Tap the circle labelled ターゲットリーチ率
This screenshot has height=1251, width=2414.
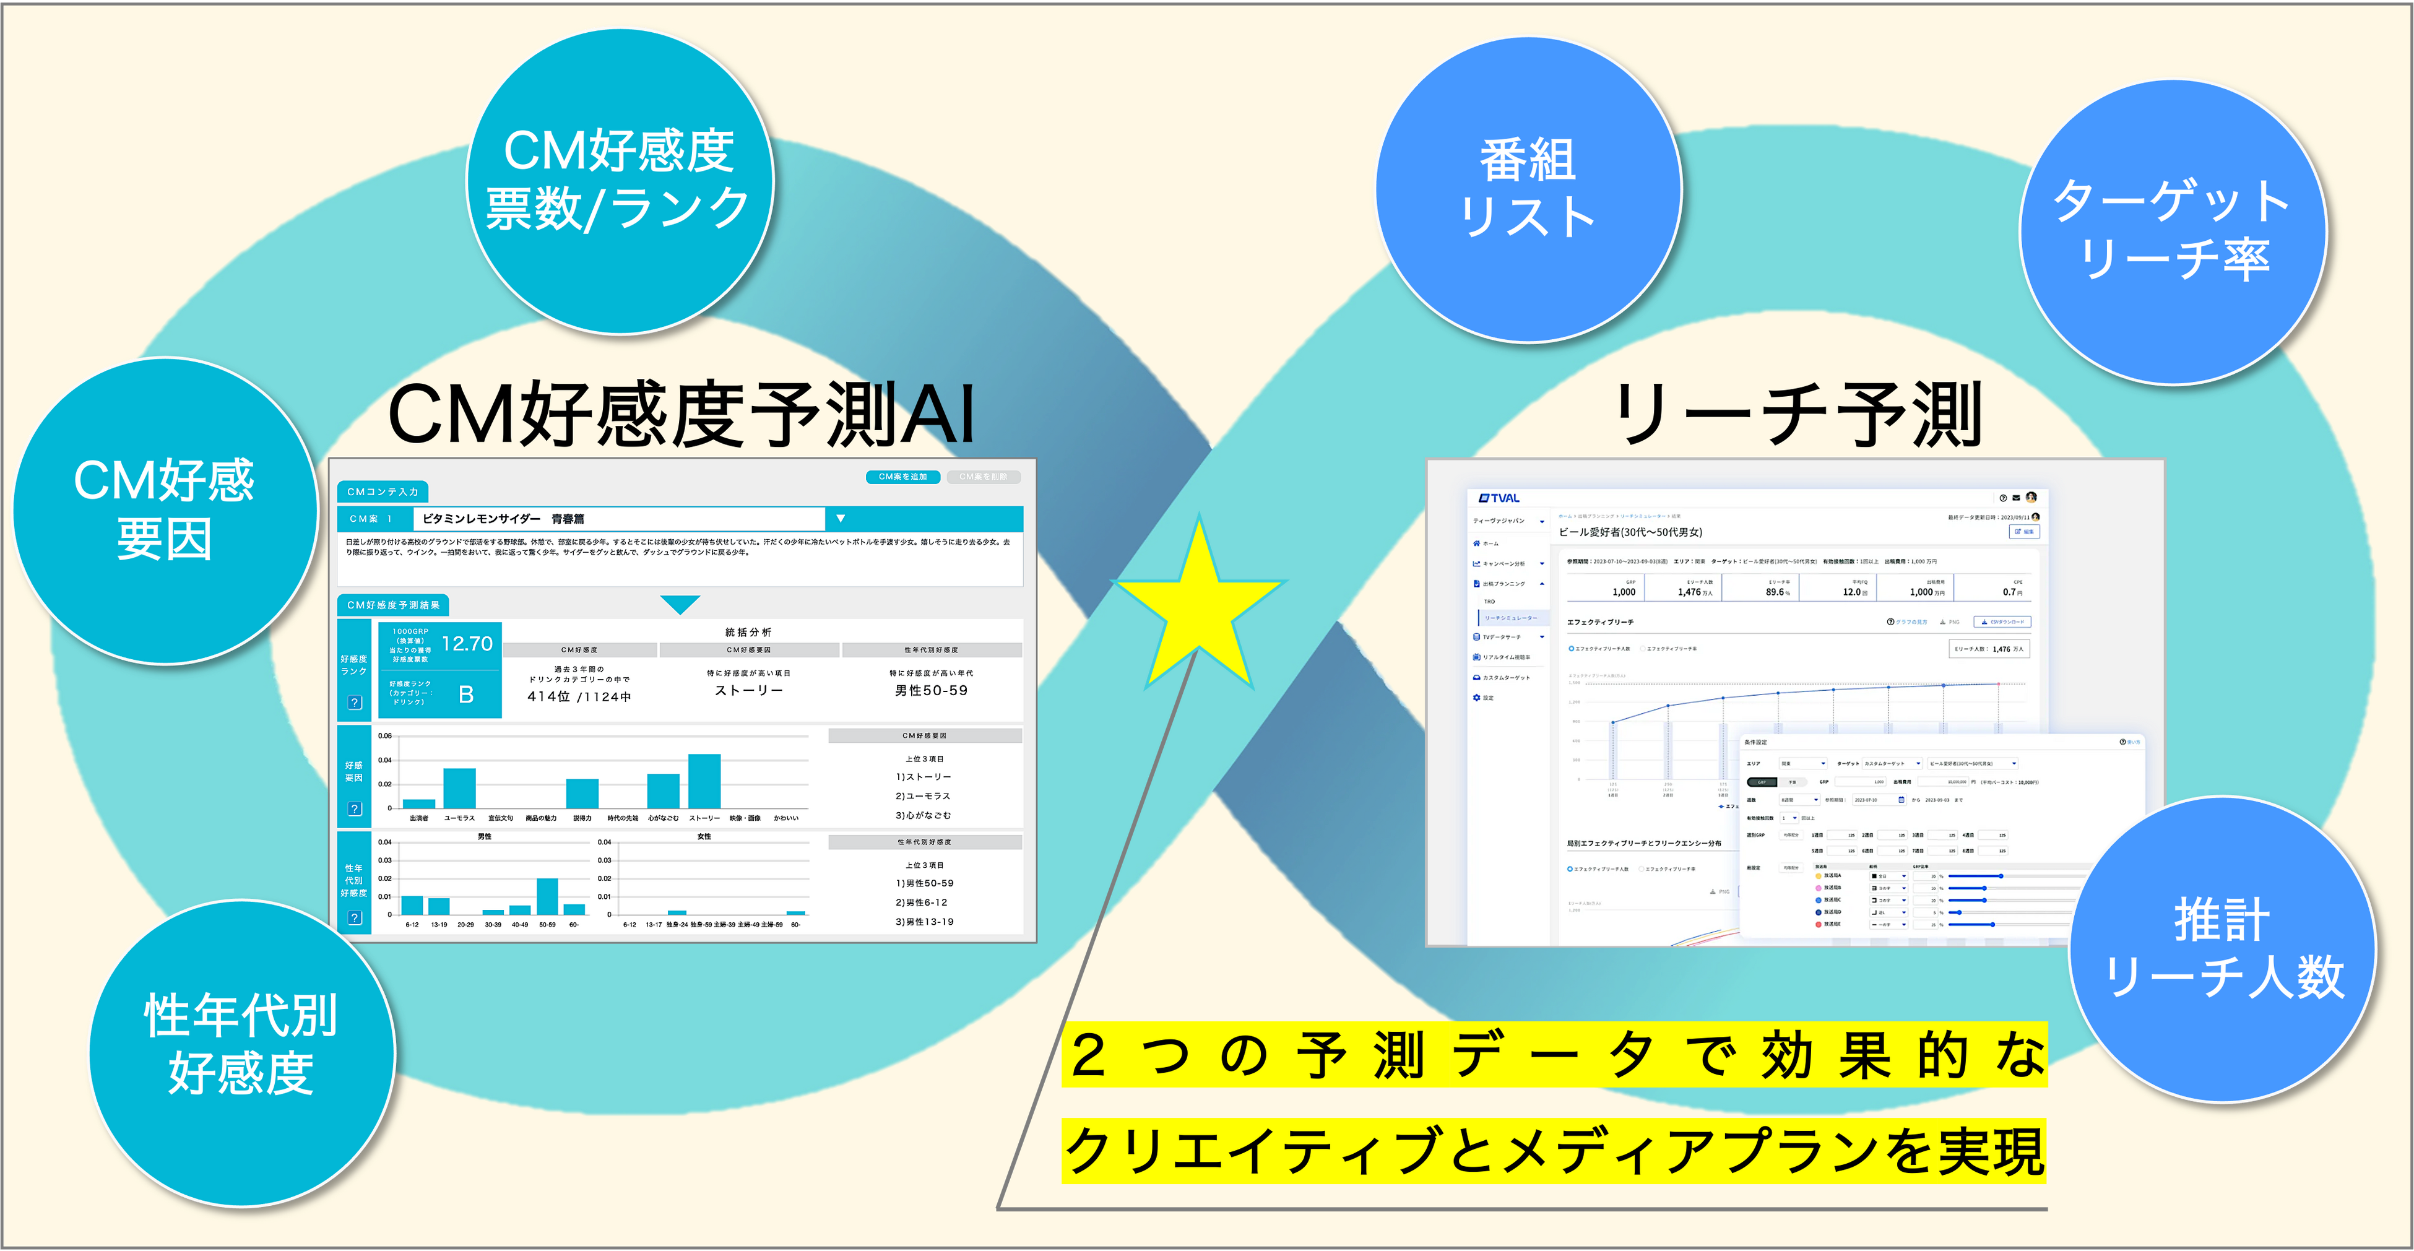(2172, 230)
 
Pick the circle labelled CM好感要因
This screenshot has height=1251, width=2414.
(165, 511)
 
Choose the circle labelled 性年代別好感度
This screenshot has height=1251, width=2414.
(241, 1045)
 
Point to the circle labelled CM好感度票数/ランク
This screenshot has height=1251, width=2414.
(618, 180)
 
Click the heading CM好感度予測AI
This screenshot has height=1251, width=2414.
(681, 414)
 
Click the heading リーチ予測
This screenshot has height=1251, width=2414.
(1794, 414)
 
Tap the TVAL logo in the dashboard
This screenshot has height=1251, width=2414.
(1499, 498)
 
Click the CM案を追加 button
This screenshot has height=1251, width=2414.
(902, 477)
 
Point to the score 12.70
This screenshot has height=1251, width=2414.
(467, 644)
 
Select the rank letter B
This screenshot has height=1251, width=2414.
(465, 695)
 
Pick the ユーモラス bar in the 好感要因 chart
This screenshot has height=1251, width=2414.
(459, 788)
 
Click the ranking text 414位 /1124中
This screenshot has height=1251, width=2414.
(579, 696)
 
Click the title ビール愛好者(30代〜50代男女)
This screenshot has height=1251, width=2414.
(1630, 532)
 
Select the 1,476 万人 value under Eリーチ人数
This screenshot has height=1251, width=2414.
(1694, 592)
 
